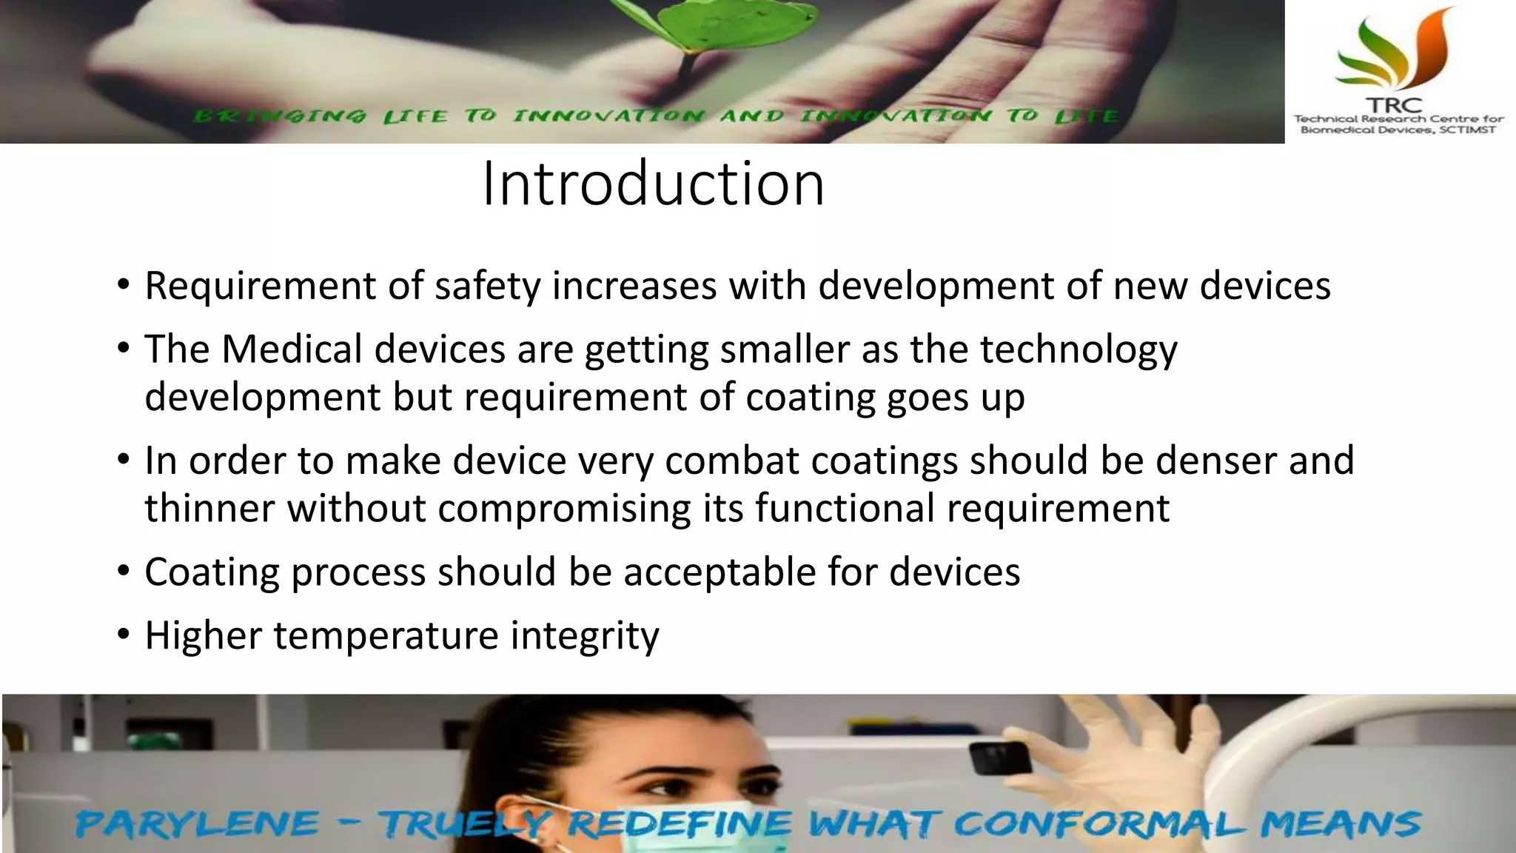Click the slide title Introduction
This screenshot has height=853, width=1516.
click(653, 184)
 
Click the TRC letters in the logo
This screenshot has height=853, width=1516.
click(1395, 106)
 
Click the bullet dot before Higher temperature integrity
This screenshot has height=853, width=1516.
click(124, 635)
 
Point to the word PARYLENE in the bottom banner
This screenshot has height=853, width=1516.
click(197, 824)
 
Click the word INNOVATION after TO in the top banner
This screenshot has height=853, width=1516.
click(608, 116)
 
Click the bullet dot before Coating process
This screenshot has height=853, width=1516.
click(124, 571)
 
